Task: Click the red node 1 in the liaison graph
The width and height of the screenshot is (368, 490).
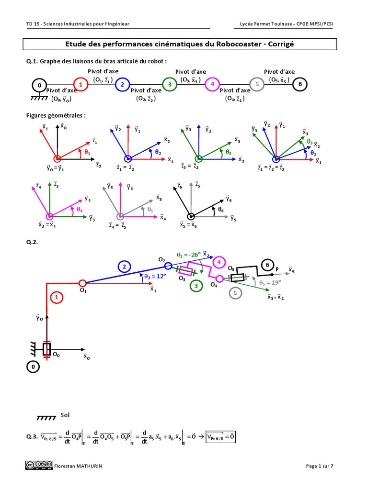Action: (81, 85)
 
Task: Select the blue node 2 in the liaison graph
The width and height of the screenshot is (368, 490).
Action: (123, 85)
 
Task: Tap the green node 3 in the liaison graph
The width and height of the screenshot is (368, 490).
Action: (170, 85)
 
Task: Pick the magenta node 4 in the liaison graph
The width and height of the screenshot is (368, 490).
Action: (212, 85)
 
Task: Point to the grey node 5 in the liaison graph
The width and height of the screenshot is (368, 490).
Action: (258, 85)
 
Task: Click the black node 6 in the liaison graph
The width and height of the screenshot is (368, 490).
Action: (300, 85)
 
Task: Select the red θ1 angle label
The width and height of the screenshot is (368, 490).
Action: (87, 152)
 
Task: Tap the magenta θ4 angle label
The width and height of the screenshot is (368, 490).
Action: (80, 210)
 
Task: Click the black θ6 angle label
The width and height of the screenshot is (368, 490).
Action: (221, 210)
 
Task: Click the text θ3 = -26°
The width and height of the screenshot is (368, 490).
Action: (188, 256)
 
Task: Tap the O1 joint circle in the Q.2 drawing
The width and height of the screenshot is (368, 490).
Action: (82, 282)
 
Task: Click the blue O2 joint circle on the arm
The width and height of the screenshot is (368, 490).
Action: (168, 266)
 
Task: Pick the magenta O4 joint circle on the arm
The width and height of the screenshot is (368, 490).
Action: (219, 279)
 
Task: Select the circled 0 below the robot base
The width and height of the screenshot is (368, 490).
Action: (32, 367)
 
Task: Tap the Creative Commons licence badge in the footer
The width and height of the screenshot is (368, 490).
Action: (39, 465)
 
